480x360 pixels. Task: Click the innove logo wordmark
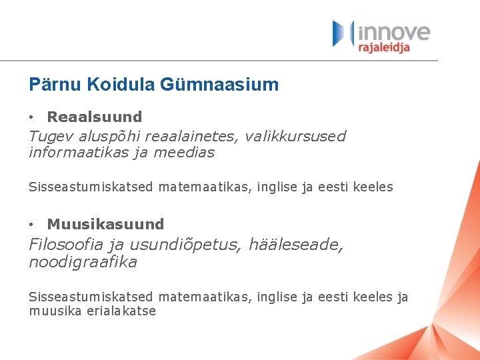[395, 31]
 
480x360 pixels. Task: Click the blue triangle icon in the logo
[341, 33]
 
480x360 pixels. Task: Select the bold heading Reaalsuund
[95, 117]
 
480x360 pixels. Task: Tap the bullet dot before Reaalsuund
[32, 117]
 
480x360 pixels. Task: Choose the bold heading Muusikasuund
[105, 224]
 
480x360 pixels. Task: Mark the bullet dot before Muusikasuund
[32, 225]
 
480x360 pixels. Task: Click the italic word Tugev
[52, 136]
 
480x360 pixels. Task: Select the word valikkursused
[295, 136]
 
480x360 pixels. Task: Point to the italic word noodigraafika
[83, 262]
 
